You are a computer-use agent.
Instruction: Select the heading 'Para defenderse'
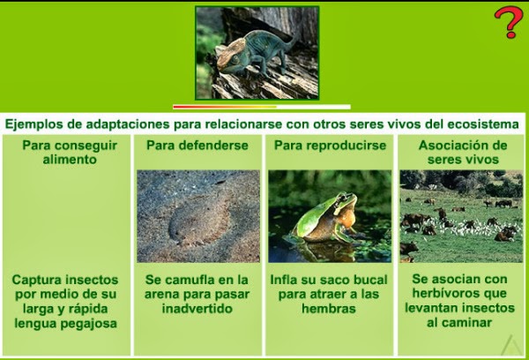point(197,145)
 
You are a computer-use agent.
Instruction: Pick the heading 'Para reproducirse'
point(330,145)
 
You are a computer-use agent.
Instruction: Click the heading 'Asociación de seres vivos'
point(463,152)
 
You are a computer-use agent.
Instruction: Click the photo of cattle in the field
point(461,216)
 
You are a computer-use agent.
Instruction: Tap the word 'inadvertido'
point(197,310)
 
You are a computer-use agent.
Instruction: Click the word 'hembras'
point(328,309)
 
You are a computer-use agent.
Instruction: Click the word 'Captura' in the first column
point(38,279)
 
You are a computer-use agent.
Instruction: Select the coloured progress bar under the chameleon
point(249,107)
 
